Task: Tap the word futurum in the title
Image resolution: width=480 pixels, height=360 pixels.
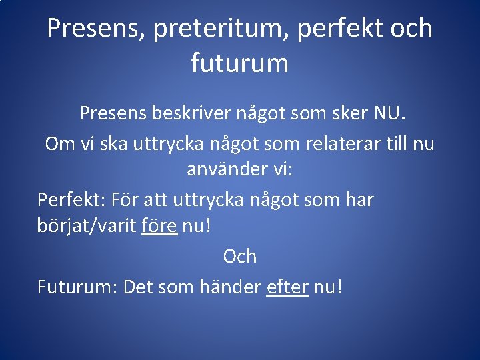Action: (240, 63)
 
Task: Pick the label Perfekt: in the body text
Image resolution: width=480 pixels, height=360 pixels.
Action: (71, 199)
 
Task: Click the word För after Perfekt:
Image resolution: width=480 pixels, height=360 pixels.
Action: (125, 199)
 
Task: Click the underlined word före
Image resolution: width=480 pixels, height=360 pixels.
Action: (159, 226)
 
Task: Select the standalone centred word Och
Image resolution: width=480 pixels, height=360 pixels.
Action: (239, 256)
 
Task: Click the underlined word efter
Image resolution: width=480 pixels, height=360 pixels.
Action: (287, 287)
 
